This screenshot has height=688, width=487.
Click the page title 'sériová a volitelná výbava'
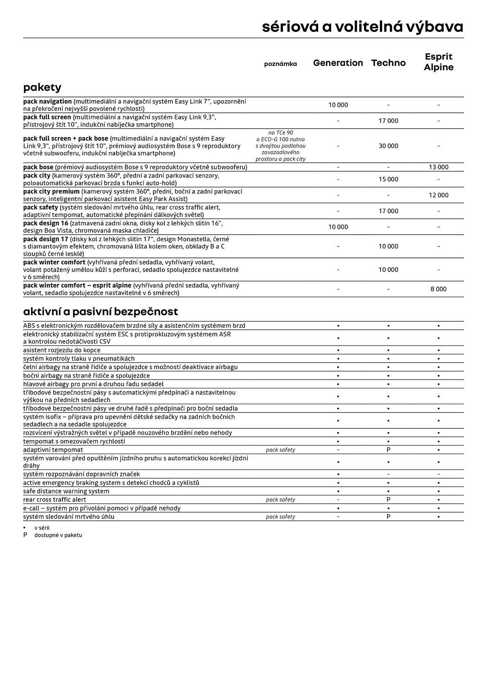362,27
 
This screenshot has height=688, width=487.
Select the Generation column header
338,63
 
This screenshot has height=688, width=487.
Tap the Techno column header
388,63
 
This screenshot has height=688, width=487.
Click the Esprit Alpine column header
438,62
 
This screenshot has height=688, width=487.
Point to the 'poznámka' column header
280,64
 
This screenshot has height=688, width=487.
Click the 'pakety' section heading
42,87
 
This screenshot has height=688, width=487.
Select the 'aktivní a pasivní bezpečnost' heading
101,312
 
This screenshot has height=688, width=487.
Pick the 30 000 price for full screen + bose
388,146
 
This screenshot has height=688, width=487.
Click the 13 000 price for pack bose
438,167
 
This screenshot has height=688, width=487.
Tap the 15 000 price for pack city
388,179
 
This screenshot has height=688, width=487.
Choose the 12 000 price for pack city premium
438,195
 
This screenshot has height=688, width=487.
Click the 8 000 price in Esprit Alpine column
438,289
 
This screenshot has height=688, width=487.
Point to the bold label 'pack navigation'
48,101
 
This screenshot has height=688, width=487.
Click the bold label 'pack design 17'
46,239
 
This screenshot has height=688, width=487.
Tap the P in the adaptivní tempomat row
388,450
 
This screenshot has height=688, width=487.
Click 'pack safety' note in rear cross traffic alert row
280,500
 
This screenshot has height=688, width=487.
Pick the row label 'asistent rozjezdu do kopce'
62,350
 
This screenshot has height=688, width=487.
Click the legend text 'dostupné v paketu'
58,535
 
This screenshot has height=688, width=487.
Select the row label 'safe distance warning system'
66,491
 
